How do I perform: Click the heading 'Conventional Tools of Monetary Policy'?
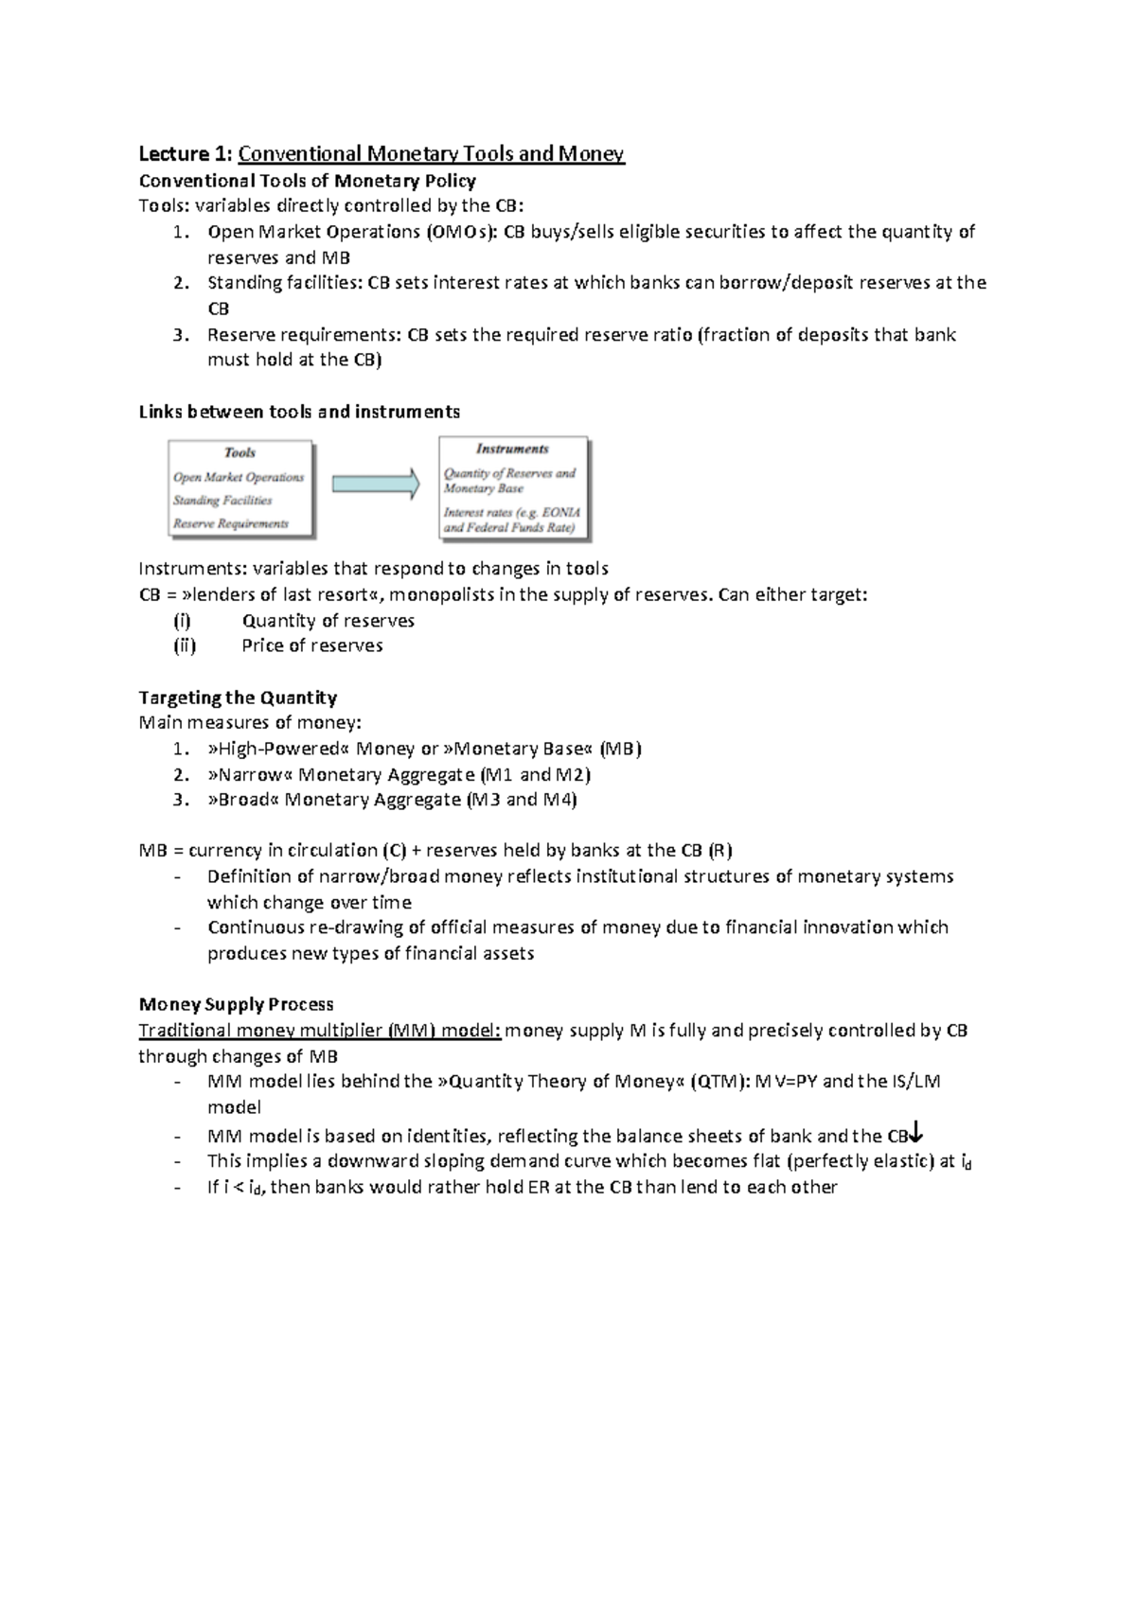[x=307, y=181]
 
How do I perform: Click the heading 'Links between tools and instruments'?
[x=299, y=412]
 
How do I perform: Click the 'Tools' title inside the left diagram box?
[x=240, y=452]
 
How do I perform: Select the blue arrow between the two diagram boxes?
[x=375, y=484]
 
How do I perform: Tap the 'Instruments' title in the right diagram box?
[x=512, y=450]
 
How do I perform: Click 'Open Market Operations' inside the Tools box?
[x=239, y=478]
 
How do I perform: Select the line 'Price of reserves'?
[x=312, y=645]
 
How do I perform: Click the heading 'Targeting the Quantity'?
[x=238, y=698]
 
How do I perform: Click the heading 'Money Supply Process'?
[x=236, y=1004]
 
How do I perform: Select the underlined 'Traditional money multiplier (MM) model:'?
[x=319, y=1031]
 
